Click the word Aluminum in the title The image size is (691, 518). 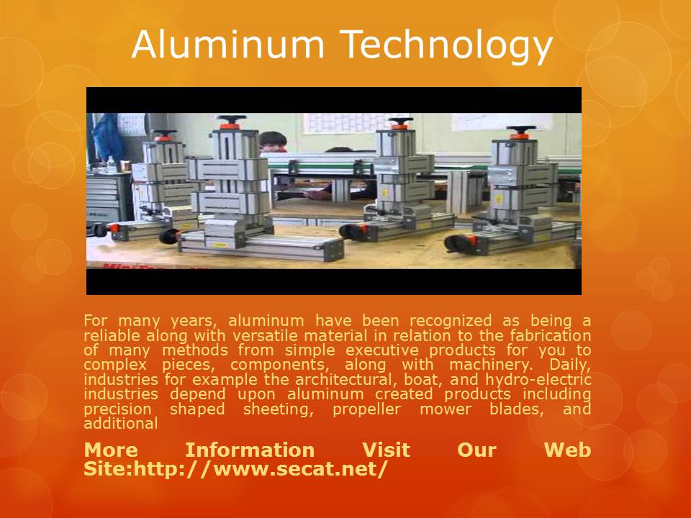(x=228, y=44)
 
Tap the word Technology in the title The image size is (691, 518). (x=446, y=47)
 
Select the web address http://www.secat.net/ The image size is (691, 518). (x=261, y=468)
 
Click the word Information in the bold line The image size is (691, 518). (x=250, y=450)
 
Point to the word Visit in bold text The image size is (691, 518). (x=386, y=450)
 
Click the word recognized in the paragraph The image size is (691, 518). (x=451, y=321)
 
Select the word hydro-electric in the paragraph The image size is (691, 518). (x=538, y=380)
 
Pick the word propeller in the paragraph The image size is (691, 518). (x=366, y=409)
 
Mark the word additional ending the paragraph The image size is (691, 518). (x=121, y=424)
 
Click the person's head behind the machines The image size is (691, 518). (x=273, y=142)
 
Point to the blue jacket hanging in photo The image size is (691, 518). (x=107, y=137)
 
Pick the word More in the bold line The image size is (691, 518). (x=111, y=450)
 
